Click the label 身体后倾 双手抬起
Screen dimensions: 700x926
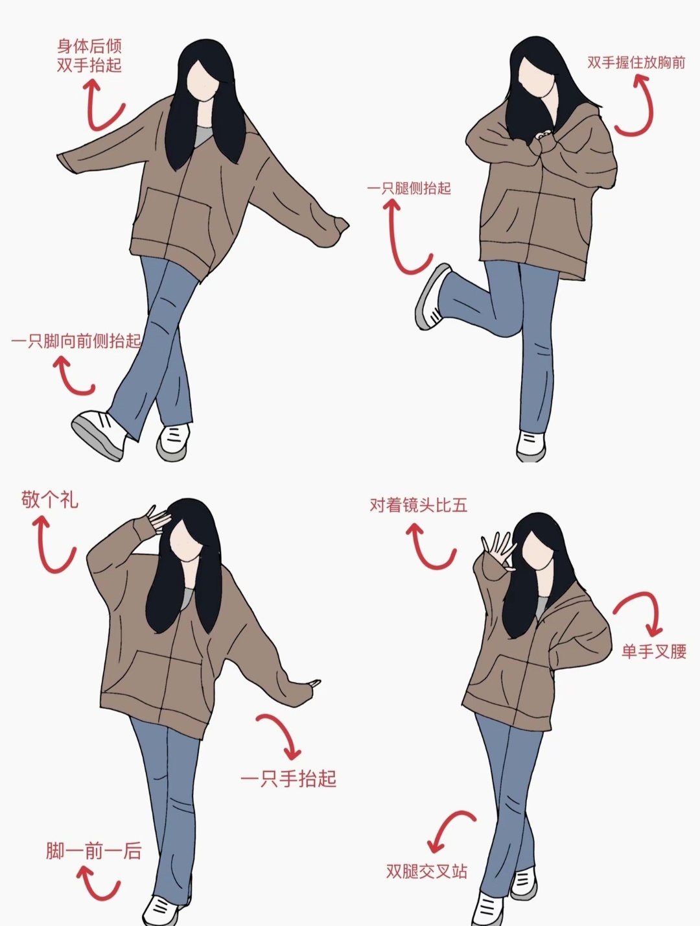point(89,56)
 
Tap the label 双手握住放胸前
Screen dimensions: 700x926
point(636,63)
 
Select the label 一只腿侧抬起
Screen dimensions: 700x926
point(409,188)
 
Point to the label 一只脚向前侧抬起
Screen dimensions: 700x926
point(76,341)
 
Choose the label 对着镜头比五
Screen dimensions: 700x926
point(419,505)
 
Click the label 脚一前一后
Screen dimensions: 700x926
point(93,851)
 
